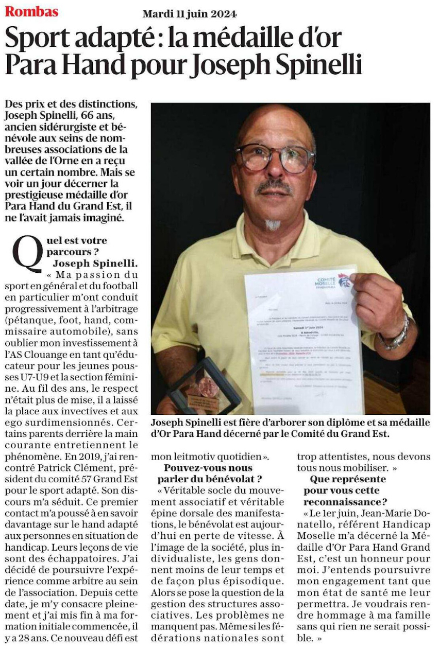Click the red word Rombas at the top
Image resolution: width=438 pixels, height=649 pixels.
(31, 11)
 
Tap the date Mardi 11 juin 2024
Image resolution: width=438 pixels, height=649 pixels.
(190, 14)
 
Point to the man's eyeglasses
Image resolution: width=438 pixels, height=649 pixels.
(275, 157)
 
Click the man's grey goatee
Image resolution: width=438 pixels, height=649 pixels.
(272, 225)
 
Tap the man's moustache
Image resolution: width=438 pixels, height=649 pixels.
(274, 186)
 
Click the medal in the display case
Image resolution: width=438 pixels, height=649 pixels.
(208, 385)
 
